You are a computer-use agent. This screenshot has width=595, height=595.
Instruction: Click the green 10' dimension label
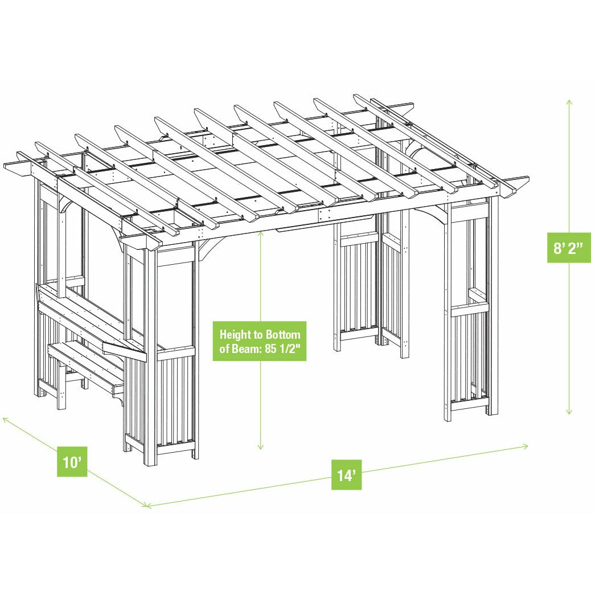72,462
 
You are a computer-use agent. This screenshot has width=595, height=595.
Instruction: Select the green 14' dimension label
347,475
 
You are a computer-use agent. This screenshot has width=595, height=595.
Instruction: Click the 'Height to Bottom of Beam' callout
260,341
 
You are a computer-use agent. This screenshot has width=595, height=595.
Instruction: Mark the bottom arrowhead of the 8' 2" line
569,413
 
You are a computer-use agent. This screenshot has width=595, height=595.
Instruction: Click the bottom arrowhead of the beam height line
261,448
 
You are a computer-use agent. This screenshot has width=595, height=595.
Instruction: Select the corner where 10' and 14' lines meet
147,505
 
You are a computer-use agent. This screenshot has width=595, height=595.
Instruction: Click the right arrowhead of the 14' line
527,446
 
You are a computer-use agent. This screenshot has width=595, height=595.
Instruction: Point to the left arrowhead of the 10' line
5,418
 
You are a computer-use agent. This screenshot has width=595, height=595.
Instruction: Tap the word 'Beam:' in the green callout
248,349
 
